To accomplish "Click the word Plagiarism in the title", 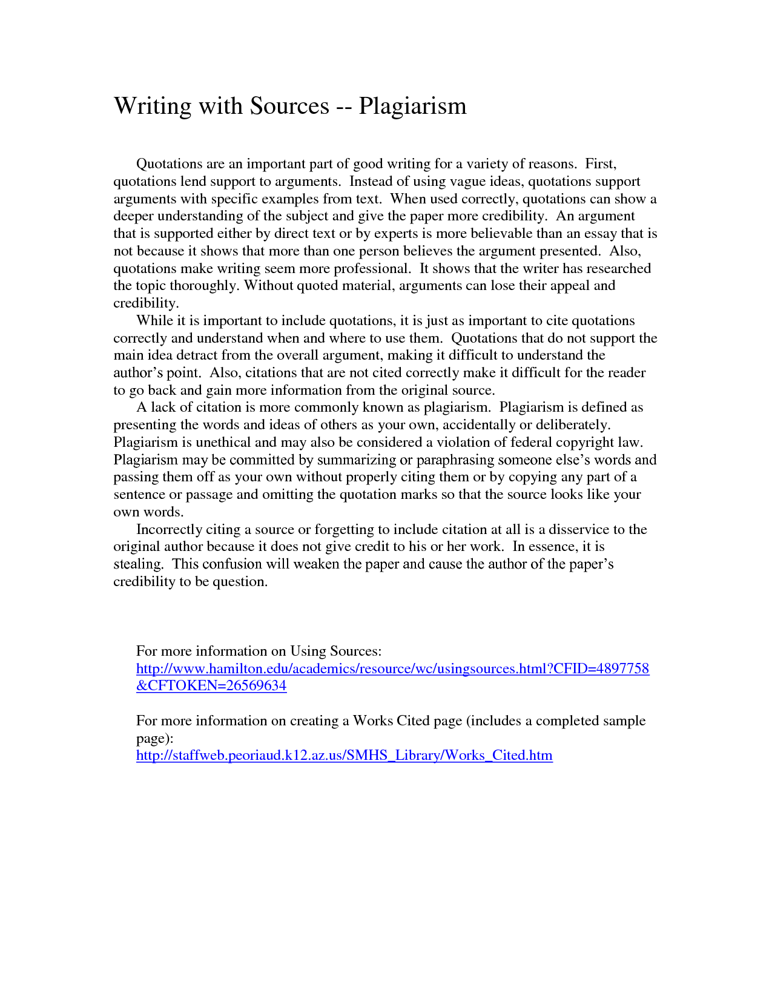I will [x=412, y=107].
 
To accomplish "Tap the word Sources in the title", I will [x=289, y=107].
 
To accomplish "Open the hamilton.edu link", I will [x=392, y=669].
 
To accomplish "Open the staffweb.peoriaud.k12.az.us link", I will [x=344, y=756].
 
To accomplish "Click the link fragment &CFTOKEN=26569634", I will [x=211, y=686].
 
